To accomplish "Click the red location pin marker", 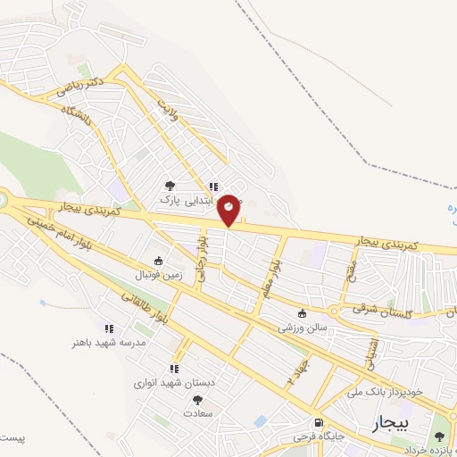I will [x=229, y=209].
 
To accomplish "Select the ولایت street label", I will [x=170, y=108].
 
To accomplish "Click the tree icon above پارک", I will [x=170, y=187].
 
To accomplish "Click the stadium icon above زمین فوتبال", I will [x=158, y=262].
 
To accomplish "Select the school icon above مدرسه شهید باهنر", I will [x=109, y=328].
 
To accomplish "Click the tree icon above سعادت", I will [x=197, y=400].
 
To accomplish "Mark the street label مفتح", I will [x=347, y=266].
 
